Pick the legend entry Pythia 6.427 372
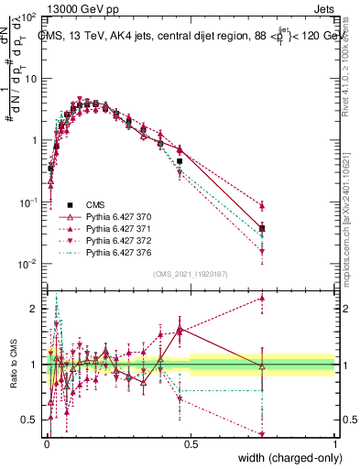coord(108,239)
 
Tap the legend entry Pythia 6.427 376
coord(108,251)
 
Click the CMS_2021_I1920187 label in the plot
coord(190,274)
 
